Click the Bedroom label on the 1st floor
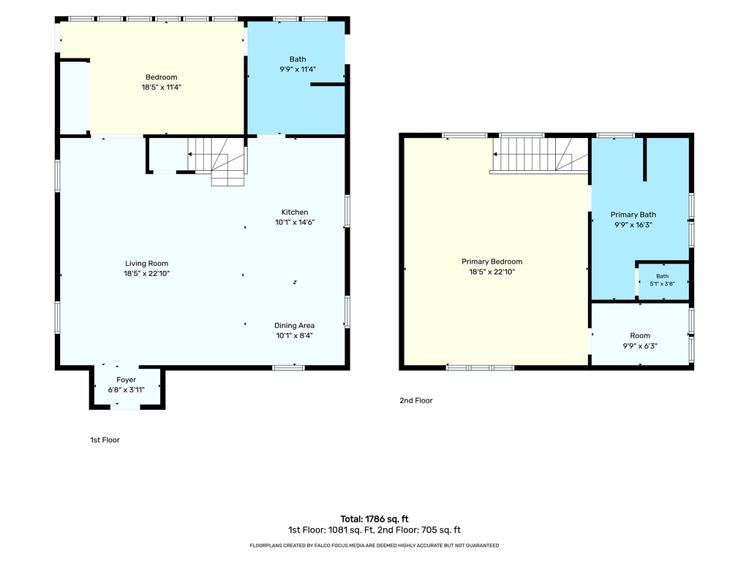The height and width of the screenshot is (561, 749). pos(161,77)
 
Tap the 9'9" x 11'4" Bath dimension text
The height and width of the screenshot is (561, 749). pos(298,69)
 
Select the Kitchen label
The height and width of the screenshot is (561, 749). pos(295,213)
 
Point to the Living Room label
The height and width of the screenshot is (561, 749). pos(146,263)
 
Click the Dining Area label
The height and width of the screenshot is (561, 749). pos(294,325)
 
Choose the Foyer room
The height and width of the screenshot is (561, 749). pos(127,387)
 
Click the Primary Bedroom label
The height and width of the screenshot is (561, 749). pos(492,262)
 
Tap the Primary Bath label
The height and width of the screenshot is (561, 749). pos(633,215)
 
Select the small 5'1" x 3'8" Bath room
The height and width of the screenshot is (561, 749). pos(663,280)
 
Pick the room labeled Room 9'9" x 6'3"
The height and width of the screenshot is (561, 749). pos(640,335)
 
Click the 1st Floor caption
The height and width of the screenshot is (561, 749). pos(105,440)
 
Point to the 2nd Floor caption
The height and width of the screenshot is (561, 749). pos(416,401)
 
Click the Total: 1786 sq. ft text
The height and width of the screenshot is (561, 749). pos(374,519)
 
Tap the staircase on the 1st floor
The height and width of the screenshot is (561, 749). pos(217,161)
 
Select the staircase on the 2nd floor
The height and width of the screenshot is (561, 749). pos(540,155)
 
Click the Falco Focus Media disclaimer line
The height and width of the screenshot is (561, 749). pos(374,545)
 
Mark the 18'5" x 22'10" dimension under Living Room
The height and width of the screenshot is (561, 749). pos(146,273)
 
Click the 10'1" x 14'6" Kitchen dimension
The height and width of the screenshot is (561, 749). pos(295,222)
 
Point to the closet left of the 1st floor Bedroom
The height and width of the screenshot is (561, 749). pos(73,97)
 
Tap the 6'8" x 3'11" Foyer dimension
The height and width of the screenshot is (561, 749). pos(126,390)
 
